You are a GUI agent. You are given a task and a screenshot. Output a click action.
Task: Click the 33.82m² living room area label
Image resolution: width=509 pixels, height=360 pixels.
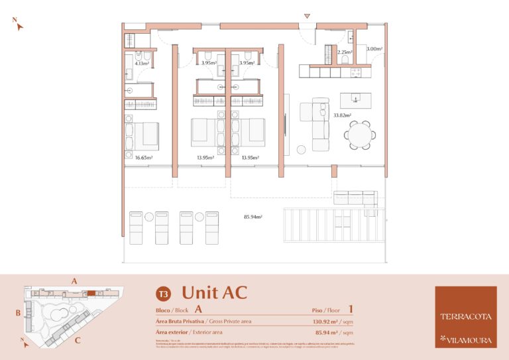pyautogui.click(x=342, y=115)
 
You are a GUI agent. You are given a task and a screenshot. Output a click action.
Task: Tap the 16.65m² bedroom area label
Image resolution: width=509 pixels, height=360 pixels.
pyautogui.click(x=144, y=158)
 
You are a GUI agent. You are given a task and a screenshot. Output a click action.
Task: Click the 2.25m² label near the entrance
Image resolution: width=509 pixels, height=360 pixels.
pyautogui.click(x=344, y=52)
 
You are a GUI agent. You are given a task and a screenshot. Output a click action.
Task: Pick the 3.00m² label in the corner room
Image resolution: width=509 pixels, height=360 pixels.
pyautogui.click(x=374, y=48)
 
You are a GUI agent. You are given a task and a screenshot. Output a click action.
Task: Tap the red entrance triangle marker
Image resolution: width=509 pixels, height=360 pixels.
pyautogui.click(x=306, y=16)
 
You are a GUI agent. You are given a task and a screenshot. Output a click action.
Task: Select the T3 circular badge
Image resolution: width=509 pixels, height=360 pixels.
pyautogui.click(x=162, y=293)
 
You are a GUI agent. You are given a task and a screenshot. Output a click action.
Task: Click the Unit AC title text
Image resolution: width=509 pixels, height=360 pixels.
pyautogui.click(x=214, y=292)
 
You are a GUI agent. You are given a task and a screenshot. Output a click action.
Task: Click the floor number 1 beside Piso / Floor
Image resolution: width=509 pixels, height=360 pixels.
pyautogui.click(x=351, y=309)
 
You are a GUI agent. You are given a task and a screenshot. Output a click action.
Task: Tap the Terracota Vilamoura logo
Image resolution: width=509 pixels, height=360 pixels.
pyautogui.click(x=465, y=316)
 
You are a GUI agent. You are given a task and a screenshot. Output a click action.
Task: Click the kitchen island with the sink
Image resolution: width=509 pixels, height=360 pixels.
pyautogui.click(x=356, y=100)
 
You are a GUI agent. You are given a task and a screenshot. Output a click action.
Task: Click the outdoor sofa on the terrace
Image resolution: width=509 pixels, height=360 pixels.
pyautogui.click(x=355, y=198)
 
